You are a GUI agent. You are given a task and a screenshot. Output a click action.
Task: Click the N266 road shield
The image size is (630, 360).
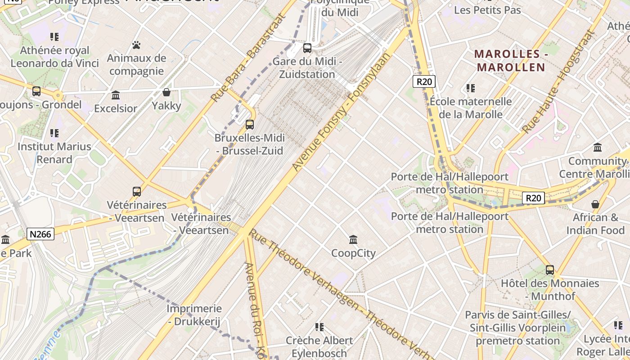pyautogui.click(x=40, y=234)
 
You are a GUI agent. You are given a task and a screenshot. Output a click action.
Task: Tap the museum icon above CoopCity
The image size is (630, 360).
pyautogui.click(x=353, y=239)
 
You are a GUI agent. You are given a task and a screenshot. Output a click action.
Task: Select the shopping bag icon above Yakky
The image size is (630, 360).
pyautogui.click(x=166, y=92)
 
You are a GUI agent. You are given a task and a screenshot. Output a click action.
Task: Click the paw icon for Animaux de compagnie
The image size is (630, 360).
pyautogui.click(x=137, y=45)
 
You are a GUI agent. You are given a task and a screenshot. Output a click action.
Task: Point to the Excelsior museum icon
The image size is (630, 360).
pyautogui.click(x=116, y=95)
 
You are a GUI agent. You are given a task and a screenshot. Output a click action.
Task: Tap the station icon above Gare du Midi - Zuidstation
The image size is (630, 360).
pyautogui.click(x=307, y=48)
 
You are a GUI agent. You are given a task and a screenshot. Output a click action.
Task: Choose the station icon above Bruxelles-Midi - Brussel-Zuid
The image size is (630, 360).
pyautogui.click(x=250, y=124)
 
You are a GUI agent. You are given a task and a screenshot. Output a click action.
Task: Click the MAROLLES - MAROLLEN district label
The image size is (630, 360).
pyautogui.click(x=511, y=61)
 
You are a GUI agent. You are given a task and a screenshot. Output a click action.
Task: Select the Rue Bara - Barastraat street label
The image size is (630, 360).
pyautogui.click(x=248, y=58)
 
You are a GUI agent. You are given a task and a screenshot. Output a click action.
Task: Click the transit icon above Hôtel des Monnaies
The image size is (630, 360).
pyautogui.click(x=550, y=270)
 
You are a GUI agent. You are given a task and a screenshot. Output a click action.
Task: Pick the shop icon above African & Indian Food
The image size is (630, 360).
pyautogui.click(x=595, y=204)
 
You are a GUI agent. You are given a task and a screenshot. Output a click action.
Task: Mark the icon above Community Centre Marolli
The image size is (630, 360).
pyautogui.click(x=598, y=147)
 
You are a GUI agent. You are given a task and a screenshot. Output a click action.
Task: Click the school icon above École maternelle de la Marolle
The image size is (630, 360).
pyautogui.click(x=471, y=88)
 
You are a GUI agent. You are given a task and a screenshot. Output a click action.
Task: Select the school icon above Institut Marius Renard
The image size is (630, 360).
pyautogui.click(x=54, y=133)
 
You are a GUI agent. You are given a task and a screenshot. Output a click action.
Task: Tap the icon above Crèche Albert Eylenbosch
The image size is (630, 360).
pyautogui.click(x=319, y=327)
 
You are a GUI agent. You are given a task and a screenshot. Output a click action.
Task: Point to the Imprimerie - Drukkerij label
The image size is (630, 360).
pyautogui.click(x=194, y=315)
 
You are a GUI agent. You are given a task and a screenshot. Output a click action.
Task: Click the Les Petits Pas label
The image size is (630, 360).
pyautogui.click(x=487, y=10)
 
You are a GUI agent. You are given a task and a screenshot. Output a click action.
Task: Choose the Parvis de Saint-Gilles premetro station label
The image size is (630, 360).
pyautogui.click(x=517, y=328)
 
